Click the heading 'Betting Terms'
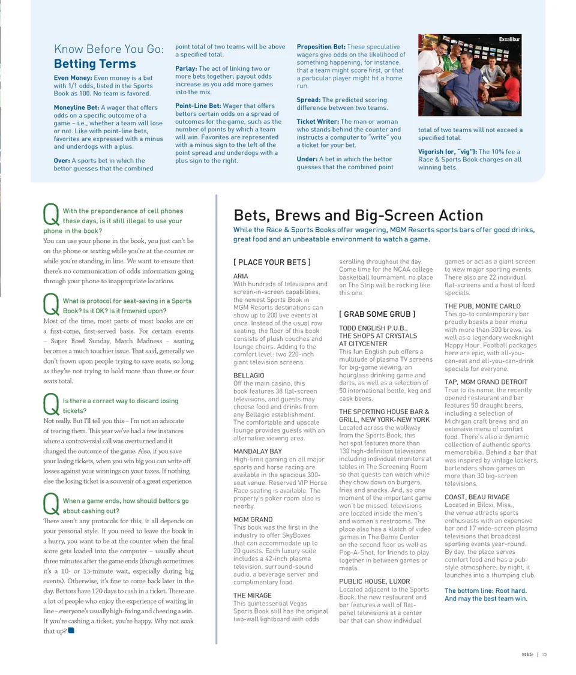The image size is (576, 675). click(95, 64)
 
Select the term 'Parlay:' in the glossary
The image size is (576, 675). click(186, 68)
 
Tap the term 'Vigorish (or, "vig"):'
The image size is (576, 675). click(448, 152)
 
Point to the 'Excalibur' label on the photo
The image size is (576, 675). click(511, 39)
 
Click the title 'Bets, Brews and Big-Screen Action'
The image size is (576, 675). click(358, 215)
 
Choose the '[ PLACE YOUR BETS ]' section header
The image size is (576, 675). click(272, 262)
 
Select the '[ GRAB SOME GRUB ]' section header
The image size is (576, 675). click(377, 314)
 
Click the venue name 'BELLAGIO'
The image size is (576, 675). click(249, 376)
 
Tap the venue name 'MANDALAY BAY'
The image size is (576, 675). click(257, 451)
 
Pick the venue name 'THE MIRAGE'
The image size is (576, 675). click(252, 595)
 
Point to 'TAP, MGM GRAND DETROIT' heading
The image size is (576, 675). click(486, 382)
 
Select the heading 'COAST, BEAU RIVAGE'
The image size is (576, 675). click(477, 497)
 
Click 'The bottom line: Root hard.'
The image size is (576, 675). click(485, 590)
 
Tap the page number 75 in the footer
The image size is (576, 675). click(544, 655)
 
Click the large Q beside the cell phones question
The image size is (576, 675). click(51, 215)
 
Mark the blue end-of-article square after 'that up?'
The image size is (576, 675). click(71, 631)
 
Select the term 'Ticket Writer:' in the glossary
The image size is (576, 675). click(317, 122)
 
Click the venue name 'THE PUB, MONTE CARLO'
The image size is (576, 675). click(482, 306)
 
